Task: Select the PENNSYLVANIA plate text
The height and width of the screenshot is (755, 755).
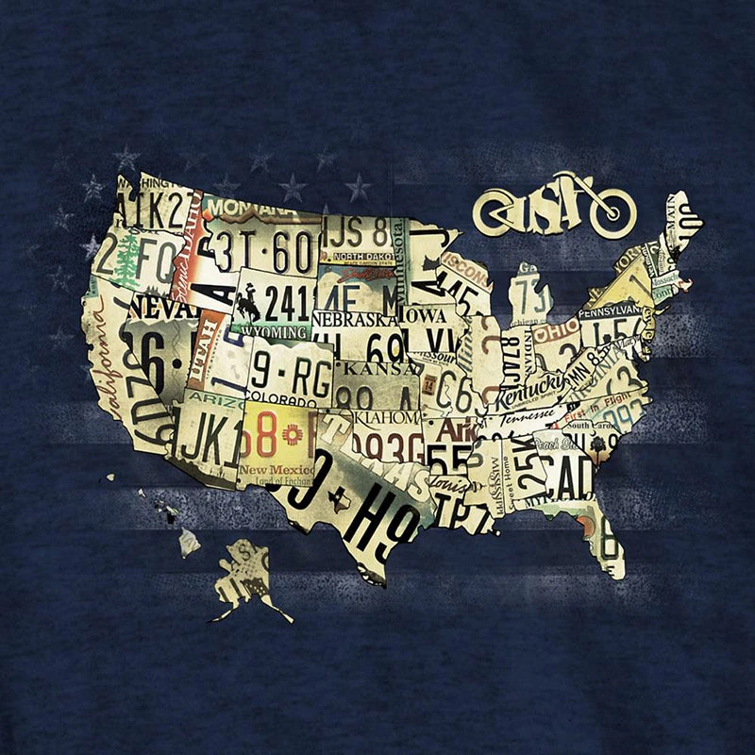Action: tap(611, 310)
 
